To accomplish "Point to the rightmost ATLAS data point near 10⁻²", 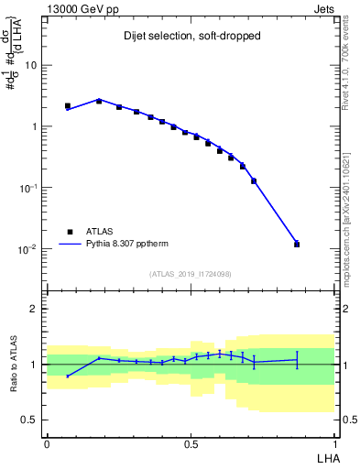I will point(297,245).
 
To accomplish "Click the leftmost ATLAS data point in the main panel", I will point(68,106).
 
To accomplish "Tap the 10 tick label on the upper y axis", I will point(31,66).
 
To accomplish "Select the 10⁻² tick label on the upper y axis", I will point(28,249).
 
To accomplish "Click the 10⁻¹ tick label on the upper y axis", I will point(28,188).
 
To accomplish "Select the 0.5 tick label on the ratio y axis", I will point(31,420).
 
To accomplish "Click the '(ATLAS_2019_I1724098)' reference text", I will point(190,274).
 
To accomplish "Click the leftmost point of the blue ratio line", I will point(68,376).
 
